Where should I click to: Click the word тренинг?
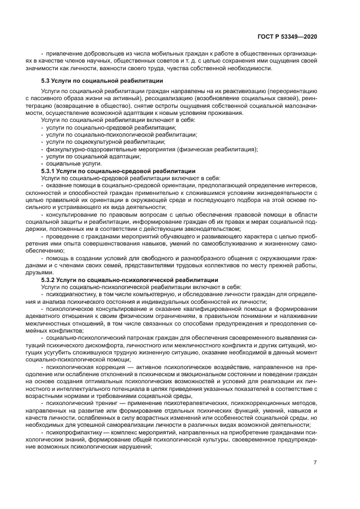click(101, 404)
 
